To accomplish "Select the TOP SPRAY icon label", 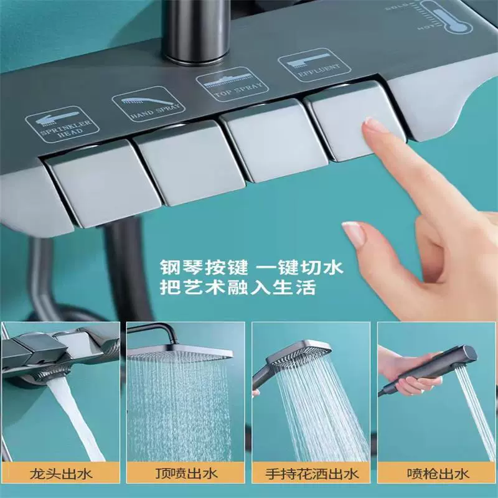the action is (x=232, y=84).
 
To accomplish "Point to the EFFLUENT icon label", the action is (x=314, y=65).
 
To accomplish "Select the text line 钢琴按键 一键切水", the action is (x=251, y=268).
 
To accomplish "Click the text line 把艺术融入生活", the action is (x=238, y=288).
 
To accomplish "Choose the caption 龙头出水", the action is (x=60, y=474).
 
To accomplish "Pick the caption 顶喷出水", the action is (x=186, y=474).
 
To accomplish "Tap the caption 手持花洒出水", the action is (x=312, y=474).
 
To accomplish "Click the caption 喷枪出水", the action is (x=438, y=474).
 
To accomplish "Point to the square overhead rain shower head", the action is (x=180, y=353).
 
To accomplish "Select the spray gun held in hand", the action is (x=435, y=368).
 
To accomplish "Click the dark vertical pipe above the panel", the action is (x=196, y=30).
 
